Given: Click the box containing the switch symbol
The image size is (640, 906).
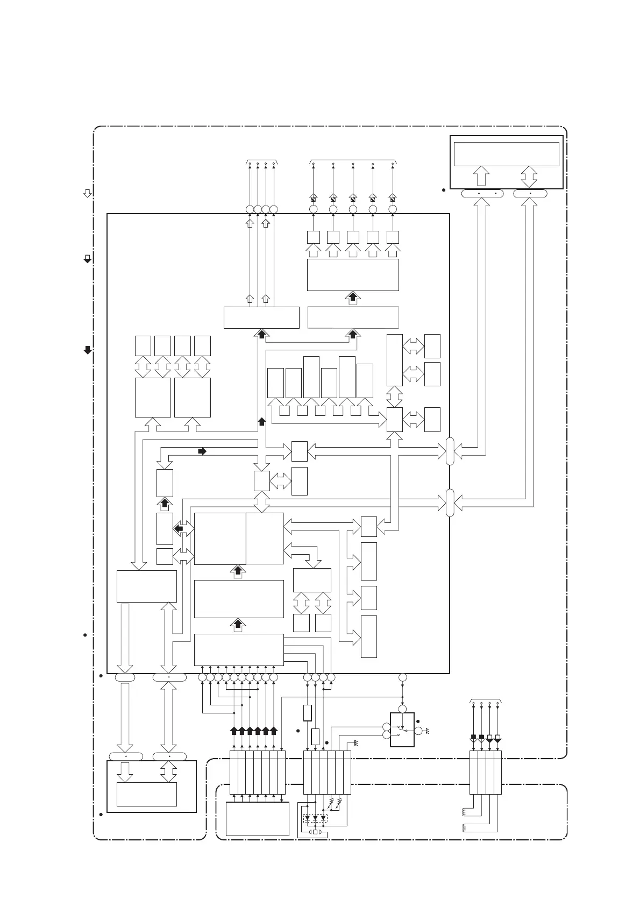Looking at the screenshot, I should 402,730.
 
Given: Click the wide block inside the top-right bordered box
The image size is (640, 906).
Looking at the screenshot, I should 506,154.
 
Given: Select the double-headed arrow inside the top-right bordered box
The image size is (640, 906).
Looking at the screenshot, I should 529,176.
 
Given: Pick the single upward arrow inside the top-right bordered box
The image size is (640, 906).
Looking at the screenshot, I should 482,176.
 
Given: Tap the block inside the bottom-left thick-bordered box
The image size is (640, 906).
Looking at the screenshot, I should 147,794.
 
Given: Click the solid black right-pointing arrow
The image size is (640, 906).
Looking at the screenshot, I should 202,451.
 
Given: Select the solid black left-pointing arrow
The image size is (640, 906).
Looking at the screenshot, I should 179,529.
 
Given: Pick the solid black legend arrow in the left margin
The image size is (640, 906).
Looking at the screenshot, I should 87,350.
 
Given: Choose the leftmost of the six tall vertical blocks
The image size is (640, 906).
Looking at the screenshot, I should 275,383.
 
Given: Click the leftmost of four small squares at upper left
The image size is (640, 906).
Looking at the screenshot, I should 143,345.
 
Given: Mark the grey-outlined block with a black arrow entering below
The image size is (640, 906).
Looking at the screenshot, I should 353,317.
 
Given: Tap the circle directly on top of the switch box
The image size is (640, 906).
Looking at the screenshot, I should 402,709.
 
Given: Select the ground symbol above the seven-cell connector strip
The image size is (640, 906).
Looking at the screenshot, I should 355,744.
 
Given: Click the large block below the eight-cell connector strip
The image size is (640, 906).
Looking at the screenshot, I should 258,819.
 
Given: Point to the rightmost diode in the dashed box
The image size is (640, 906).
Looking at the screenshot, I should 323,819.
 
